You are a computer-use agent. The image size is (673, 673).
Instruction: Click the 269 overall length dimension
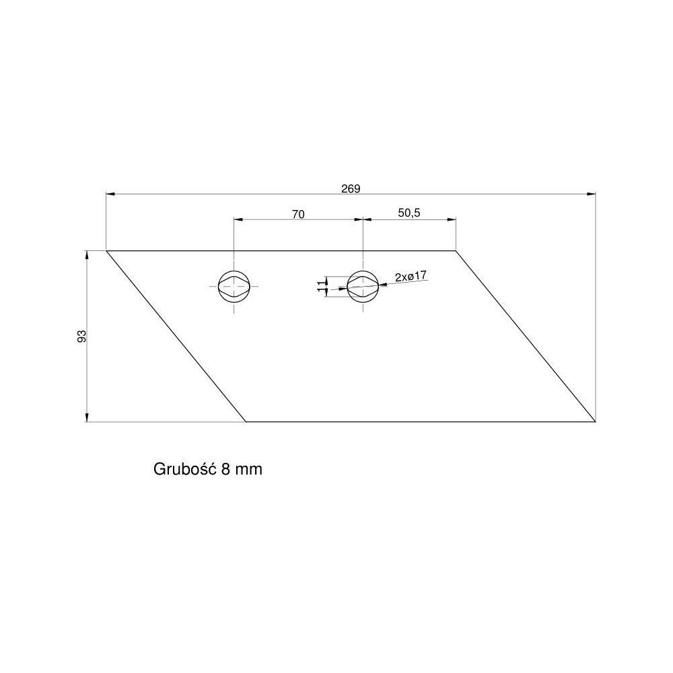351,188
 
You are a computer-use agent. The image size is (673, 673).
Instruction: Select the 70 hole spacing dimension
298,214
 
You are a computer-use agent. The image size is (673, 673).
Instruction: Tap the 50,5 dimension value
409,213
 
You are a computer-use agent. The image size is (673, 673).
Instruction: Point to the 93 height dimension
81,336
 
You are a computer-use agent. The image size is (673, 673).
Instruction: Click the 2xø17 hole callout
411,276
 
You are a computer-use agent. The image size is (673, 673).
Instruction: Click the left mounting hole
234,286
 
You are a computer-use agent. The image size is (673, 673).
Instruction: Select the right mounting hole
363,286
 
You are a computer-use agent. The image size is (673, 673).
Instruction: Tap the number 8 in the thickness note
225,469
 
